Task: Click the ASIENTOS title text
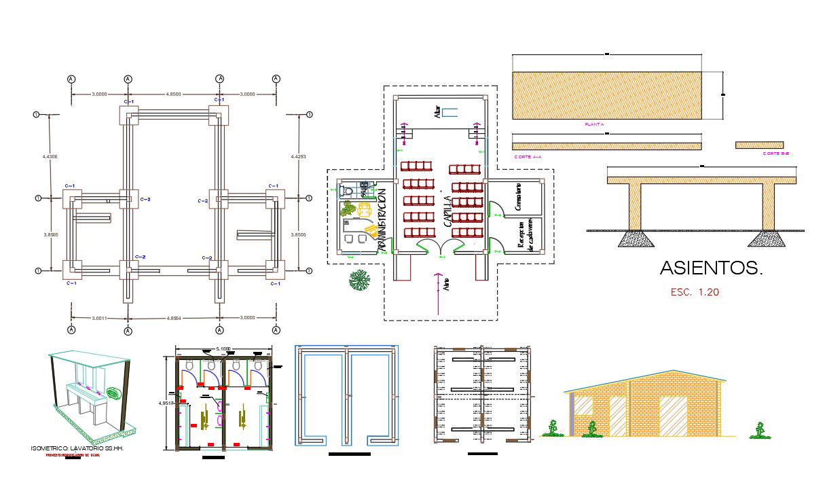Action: coord(712,269)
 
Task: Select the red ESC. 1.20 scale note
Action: coord(694,293)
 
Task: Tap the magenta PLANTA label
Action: coord(594,124)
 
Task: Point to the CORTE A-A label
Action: coord(528,157)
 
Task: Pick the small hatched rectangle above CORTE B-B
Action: coord(758,145)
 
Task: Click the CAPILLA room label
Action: coord(448,211)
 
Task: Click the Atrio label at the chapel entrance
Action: coord(447,284)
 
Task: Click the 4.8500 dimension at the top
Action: coord(172,94)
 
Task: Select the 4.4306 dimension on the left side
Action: coord(50,157)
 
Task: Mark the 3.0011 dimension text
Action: coord(99,317)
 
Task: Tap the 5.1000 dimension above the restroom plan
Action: coord(221,349)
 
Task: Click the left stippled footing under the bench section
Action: coord(635,238)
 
